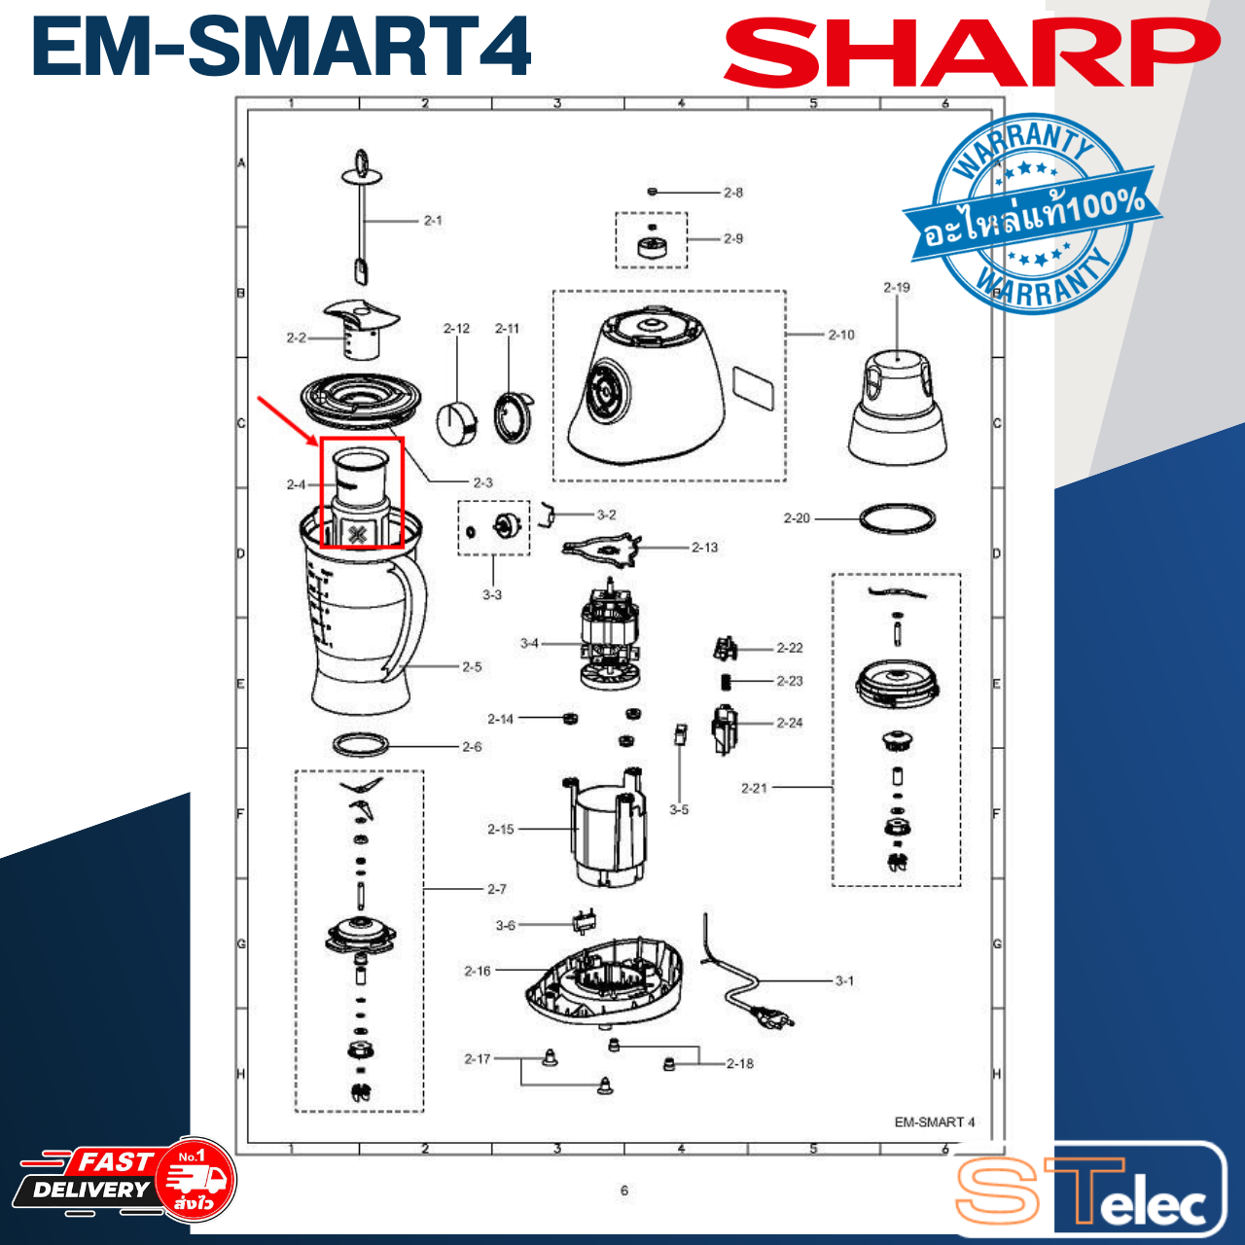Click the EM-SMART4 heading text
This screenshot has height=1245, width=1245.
point(282,47)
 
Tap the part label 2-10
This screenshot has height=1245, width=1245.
point(841,335)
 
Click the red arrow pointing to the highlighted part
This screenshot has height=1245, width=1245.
point(288,418)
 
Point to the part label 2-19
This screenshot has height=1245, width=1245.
point(896,288)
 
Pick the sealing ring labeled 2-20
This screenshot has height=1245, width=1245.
point(897,517)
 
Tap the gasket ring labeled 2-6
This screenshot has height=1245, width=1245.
point(361,746)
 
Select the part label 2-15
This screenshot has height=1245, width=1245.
point(501,830)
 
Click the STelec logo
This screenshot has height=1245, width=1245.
point(1089,1192)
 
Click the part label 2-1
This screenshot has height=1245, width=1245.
point(433,221)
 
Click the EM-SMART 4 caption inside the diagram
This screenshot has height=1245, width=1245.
point(934,1122)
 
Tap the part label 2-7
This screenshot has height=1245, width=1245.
point(496,889)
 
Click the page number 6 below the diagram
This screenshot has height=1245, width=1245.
point(624,1191)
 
